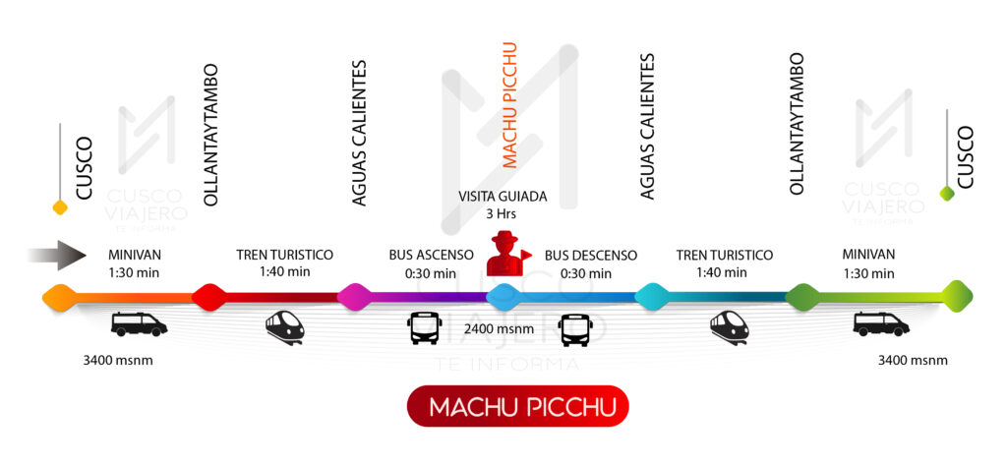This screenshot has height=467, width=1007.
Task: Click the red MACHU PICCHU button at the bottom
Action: (x=517, y=406)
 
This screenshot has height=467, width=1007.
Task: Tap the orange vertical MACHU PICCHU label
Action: (x=509, y=105)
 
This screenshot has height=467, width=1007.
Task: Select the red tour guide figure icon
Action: (x=507, y=253)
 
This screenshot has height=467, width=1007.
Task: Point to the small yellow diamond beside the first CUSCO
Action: (x=60, y=207)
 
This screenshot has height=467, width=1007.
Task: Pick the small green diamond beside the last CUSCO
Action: (x=947, y=193)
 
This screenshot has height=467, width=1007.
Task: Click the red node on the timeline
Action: (x=208, y=298)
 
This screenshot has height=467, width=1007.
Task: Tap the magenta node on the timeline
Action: (x=355, y=298)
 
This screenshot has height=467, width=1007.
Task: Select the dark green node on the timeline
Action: (x=802, y=298)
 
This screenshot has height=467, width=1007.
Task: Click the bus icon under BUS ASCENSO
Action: (x=424, y=327)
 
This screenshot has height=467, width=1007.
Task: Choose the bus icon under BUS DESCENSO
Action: (x=574, y=330)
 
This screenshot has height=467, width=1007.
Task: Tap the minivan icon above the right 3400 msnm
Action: (x=880, y=323)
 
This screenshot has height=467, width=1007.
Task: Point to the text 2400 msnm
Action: (x=500, y=329)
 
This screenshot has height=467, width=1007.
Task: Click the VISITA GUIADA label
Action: (x=503, y=197)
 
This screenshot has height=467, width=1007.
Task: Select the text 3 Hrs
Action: (x=503, y=214)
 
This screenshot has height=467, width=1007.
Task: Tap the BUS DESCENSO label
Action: (x=591, y=256)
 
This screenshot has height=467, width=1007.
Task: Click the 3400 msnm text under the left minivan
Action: (x=118, y=361)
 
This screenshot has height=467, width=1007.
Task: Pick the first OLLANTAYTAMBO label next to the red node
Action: (x=210, y=135)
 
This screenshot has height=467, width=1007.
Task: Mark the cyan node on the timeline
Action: (x=652, y=298)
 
